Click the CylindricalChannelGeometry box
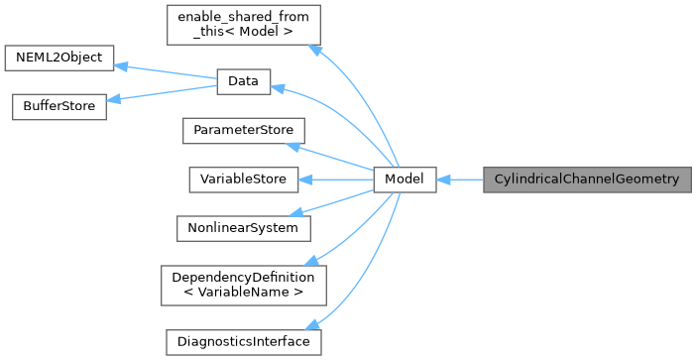(x=586, y=180)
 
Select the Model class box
(x=405, y=180)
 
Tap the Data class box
(x=243, y=84)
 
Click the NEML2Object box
(x=59, y=58)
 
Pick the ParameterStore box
(x=243, y=130)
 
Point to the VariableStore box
(x=243, y=180)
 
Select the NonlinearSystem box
(x=243, y=227)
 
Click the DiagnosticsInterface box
(x=243, y=341)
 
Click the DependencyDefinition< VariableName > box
(x=243, y=284)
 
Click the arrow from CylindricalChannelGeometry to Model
(x=460, y=180)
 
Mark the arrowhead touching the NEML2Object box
(x=122, y=65)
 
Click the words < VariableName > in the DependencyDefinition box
(x=243, y=292)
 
